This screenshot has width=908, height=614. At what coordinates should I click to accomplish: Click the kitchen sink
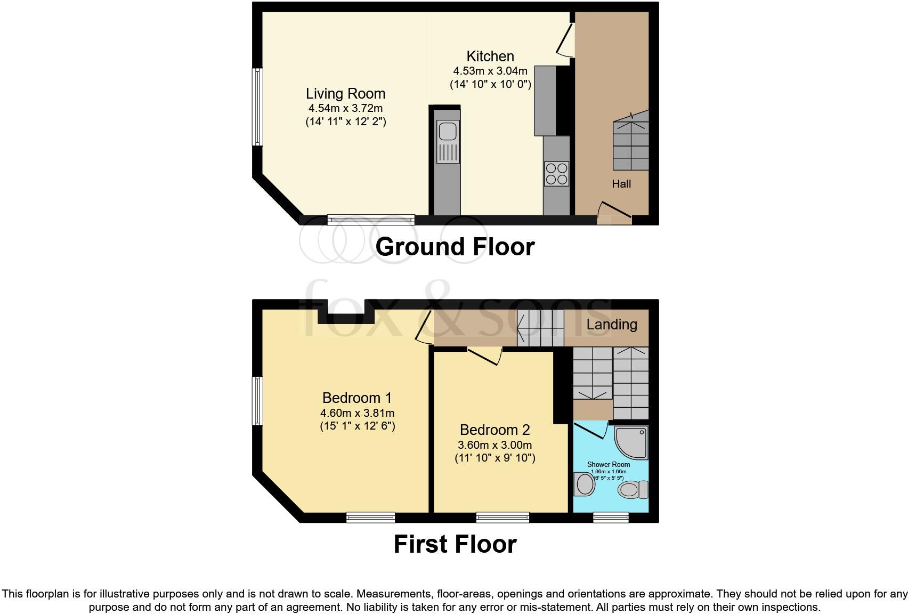(447, 141)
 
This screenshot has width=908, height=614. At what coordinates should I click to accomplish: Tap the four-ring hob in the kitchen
(556, 174)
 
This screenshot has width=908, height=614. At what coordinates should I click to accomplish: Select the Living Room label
(345, 94)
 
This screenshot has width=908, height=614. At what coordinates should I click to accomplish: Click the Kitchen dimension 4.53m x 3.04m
(490, 71)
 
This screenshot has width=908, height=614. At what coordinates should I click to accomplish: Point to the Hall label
(621, 184)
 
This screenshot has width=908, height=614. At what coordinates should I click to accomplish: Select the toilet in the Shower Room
(633, 489)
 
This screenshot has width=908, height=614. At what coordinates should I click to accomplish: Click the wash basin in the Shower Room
(585, 484)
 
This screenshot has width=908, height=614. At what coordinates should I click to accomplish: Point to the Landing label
(612, 325)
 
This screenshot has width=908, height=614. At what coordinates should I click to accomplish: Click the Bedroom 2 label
(494, 430)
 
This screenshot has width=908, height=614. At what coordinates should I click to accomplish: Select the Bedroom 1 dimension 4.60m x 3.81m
(357, 413)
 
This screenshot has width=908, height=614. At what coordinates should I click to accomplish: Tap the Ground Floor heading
(455, 247)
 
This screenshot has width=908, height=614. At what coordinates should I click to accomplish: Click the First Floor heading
(455, 544)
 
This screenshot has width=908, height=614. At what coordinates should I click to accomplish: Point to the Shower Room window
(611, 516)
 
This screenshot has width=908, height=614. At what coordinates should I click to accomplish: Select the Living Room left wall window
(257, 107)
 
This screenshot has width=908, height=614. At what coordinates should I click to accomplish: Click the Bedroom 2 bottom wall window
(502, 516)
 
